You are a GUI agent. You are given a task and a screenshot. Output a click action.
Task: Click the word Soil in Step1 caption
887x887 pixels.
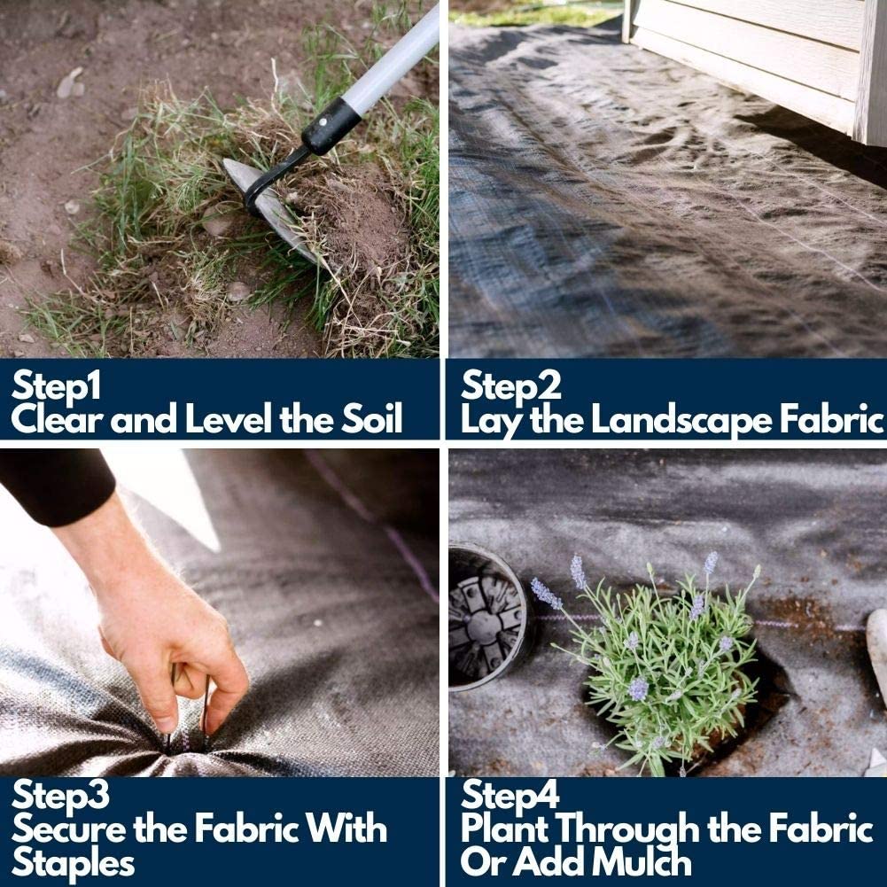pos(371,418)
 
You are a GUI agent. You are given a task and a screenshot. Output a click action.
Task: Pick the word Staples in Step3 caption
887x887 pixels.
pos(73,864)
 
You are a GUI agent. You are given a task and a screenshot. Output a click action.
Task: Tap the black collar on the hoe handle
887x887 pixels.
pos(331,126)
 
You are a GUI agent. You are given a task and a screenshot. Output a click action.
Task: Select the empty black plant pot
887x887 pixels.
pos(490,617)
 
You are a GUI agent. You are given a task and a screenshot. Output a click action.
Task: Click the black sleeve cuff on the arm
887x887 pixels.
pos(57,486)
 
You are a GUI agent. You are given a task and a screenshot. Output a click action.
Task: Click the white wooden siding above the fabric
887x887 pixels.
pos(758,57)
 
